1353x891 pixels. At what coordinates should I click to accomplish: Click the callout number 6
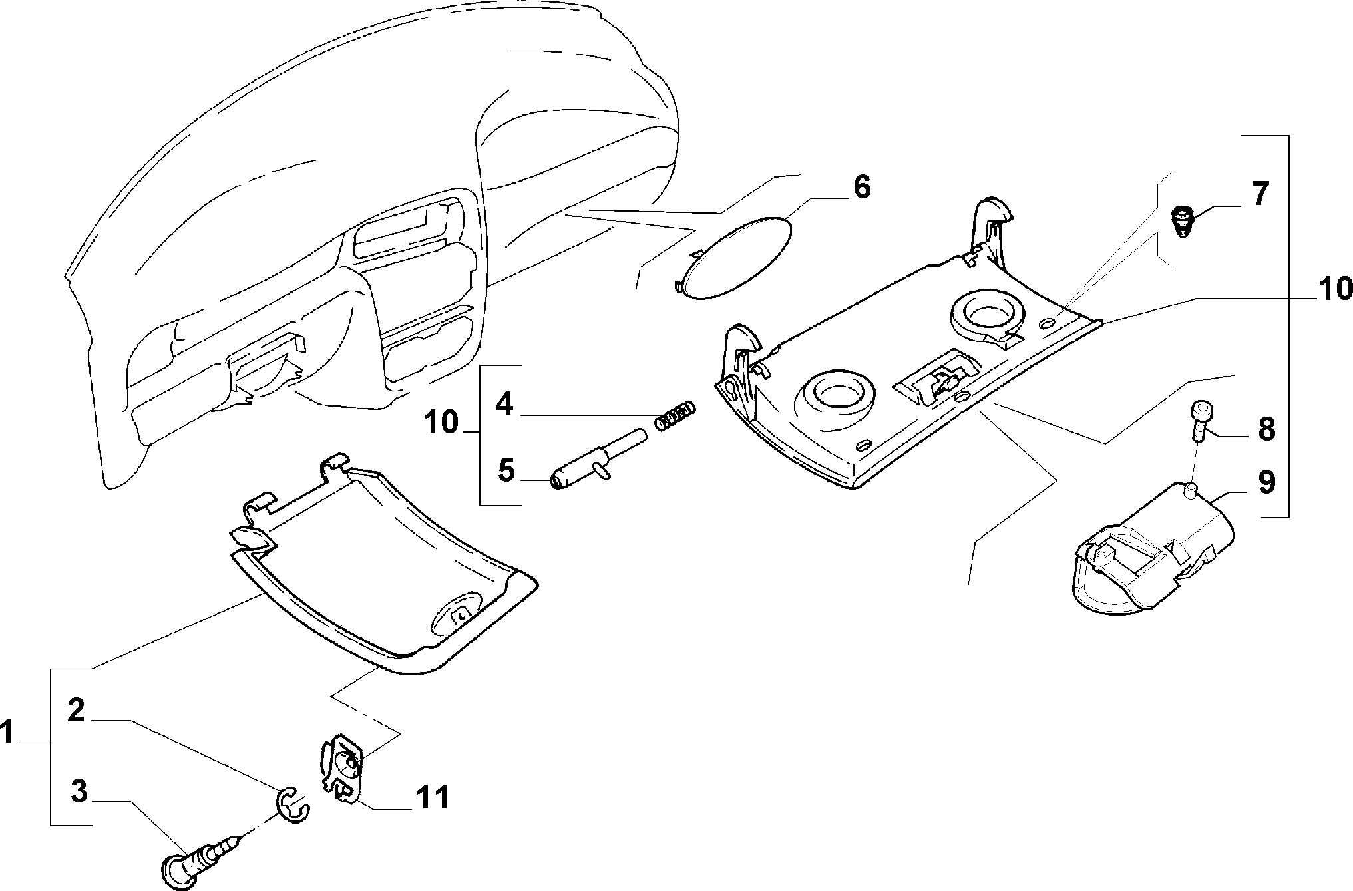click(x=861, y=188)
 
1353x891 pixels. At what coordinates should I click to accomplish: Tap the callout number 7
click(x=1259, y=194)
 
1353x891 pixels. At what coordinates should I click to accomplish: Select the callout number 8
click(x=1264, y=429)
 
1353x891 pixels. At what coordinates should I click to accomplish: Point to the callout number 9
click(x=1265, y=482)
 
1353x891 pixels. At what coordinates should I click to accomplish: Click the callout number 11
click(x=432, y=796)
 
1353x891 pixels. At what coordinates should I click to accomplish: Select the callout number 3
click(x=79, y=792)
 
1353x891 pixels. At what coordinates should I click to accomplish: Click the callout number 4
click(x=504, y=403)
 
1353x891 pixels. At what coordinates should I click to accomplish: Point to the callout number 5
click(x=506, y=471)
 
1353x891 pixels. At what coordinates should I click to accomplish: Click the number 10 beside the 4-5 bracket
click(x=441, y=422)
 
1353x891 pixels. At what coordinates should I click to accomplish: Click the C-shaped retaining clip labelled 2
click(x=293, y=804)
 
